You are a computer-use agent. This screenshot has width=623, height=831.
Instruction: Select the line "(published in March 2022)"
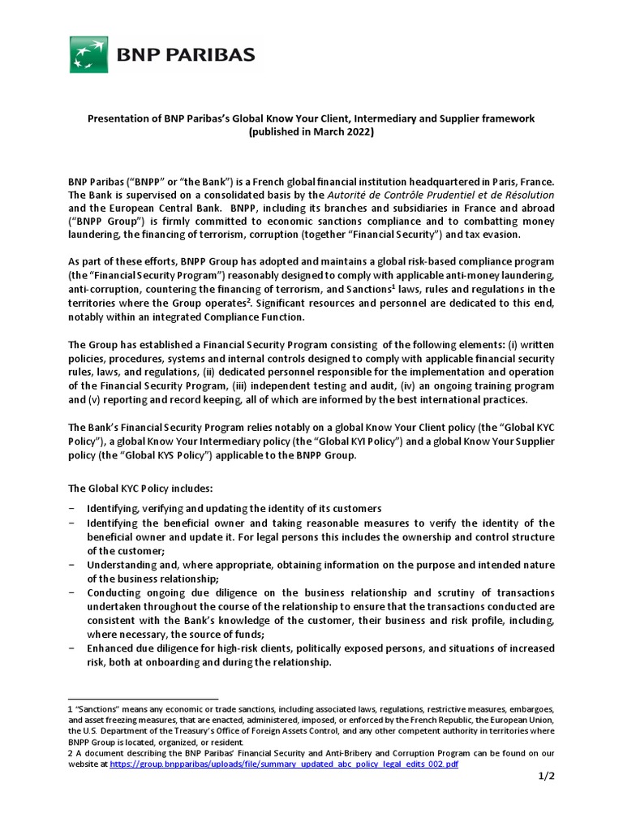point(311,132)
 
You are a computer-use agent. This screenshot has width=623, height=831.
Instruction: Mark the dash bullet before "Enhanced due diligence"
point(72,648)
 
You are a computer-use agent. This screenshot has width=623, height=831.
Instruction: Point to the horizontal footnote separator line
point(143,698)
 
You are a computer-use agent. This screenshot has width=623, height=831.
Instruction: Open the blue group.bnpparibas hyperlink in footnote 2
point(284,764)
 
